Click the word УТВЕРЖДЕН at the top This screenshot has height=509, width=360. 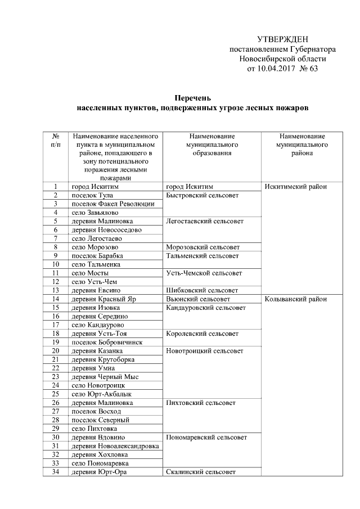282,39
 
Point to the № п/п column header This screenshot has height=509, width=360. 56,141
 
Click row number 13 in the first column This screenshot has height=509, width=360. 56,290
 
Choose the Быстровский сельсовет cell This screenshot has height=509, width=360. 202,195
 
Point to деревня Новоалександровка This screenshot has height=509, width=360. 114,446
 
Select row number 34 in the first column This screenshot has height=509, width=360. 56,472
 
